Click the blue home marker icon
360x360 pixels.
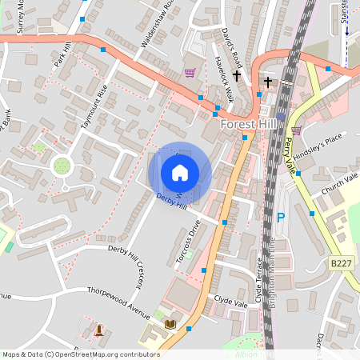(x=180, y=172)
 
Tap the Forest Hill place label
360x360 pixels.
(x=248, y=125)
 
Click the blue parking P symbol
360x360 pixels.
(x=280, y=217)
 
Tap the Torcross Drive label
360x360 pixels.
(x=186, y=246)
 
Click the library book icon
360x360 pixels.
(x=170, y=324)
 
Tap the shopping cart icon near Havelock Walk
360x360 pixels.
(x=190, y=73)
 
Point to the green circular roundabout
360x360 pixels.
(x=61, y=166)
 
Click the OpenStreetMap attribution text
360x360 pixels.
(x=81, y=354)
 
